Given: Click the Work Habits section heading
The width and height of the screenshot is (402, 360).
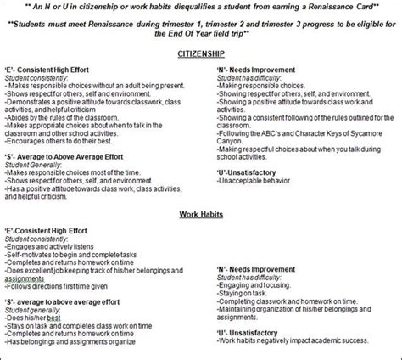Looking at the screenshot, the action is click(200, 214).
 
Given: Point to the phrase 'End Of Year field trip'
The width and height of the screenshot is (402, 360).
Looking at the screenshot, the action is click(201, 36).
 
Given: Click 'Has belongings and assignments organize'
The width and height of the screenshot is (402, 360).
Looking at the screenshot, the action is click(70, 343).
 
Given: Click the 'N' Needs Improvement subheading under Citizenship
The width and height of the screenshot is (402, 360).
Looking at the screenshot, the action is click(255, 70).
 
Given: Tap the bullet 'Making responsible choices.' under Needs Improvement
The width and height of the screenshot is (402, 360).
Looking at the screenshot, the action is click(261, 86).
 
